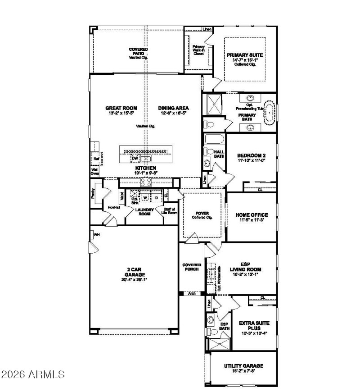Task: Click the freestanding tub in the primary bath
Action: (269, 113)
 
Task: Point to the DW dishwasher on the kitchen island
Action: (134, 158)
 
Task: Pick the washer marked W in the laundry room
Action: (145, 197)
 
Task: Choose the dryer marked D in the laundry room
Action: (156, 197)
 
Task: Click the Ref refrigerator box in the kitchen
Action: (96, 159)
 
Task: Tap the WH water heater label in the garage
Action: (96, 234)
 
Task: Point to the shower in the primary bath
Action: (211, 104)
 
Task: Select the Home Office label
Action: (252, 215)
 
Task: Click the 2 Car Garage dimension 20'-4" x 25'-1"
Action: (135, 279)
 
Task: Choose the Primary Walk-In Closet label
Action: (198, 50)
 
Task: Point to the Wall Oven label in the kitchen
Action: (95, 171)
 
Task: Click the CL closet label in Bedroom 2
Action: (260, 190)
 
